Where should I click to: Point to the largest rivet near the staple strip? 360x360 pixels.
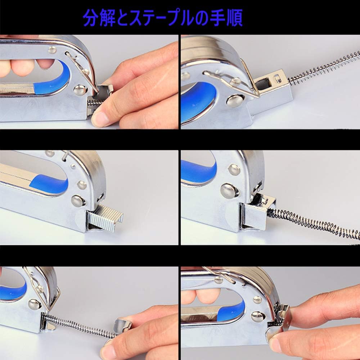pos(78,201)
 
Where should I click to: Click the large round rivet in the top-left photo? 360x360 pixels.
pos(80,90)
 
